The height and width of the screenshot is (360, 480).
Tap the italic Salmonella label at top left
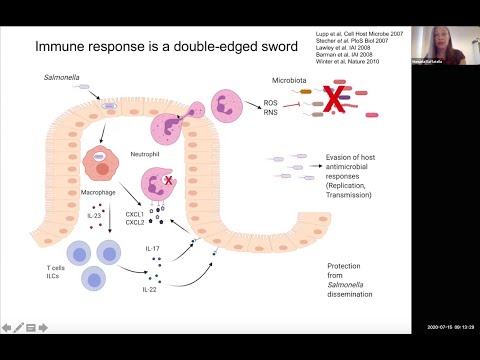tap(62, 77)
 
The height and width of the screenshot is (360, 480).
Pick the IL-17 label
tap(153, 248)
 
